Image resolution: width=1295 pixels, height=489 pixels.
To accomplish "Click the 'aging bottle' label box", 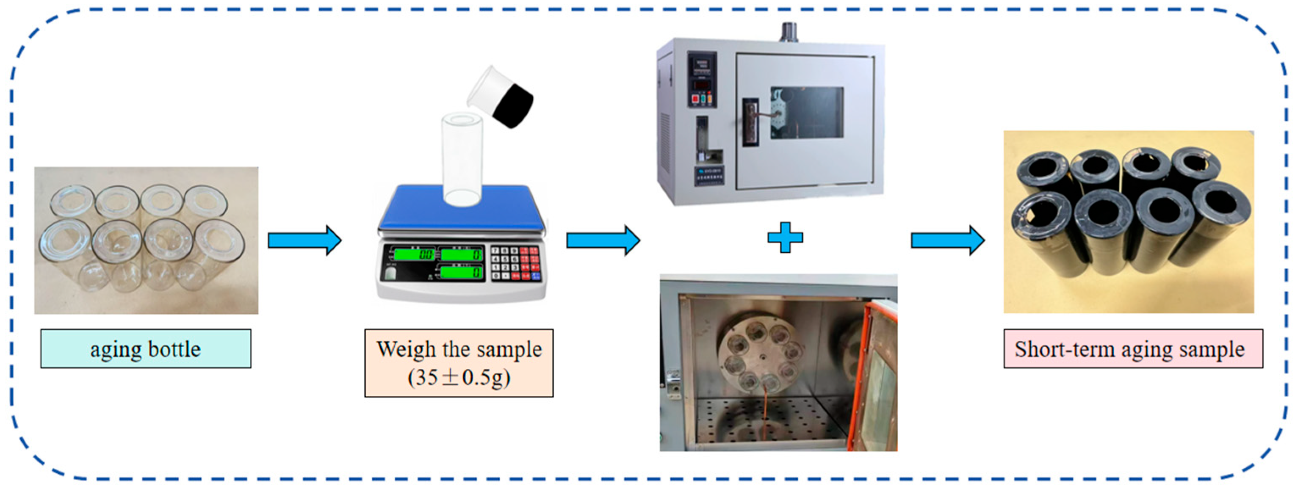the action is tap(145, 349).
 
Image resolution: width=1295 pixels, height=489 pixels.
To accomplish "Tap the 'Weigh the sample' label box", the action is tap(459, 363).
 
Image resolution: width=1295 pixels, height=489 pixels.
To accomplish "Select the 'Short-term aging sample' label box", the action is tap(1133, 349).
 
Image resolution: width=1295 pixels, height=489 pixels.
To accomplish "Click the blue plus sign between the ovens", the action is tap(785, 237).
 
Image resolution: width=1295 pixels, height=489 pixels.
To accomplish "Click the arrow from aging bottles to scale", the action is tap(304, 240).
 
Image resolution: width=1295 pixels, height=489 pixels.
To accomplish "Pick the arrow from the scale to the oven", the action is tap(603, 240).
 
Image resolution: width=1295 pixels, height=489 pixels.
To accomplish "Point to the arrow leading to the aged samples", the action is tap(948, 240).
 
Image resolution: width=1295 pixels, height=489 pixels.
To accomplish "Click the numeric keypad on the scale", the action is tap(515, 263).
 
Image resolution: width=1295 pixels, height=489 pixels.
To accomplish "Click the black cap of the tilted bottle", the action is tap(513, 106).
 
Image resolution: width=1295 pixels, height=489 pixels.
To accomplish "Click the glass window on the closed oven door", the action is tap(806, 113).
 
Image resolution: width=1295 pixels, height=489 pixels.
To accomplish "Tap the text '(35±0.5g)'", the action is tap(459, 377).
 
